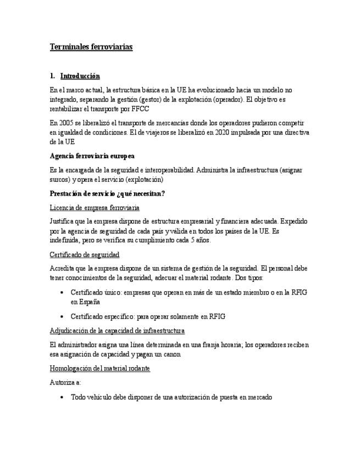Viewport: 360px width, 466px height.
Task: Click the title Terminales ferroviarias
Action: coord(91,47)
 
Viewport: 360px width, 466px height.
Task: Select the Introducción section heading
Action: coord(80,76)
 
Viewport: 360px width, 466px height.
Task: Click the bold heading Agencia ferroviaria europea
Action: coord(92,156)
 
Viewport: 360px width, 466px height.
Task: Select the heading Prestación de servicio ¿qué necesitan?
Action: coord(107,193)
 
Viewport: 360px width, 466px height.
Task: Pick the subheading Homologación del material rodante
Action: coord(99,368)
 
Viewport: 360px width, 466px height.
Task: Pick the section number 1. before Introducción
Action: coord(52,76)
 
